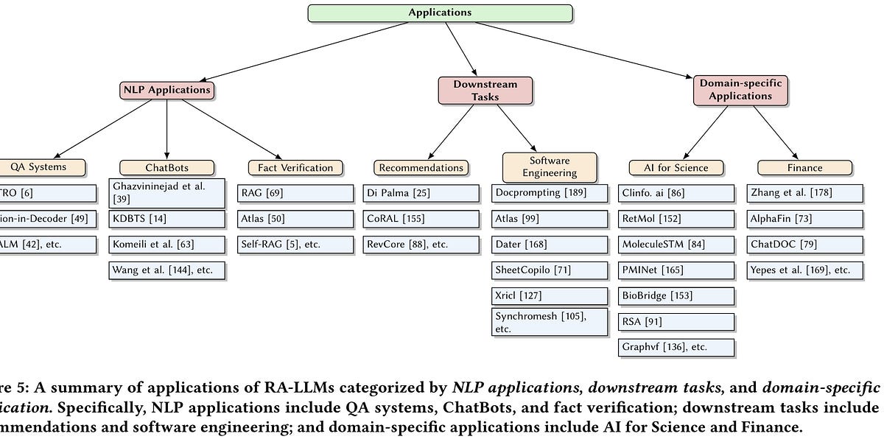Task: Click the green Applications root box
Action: tap(440, 13)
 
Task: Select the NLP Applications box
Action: tap(167, 90)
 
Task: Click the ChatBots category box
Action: tap(167, 167)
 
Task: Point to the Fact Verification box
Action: tap(295, 167)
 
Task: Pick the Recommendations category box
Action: tap(421, 167)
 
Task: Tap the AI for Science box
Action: tap(675, 167)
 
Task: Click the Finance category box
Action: tap(804, 167)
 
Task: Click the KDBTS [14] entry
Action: tap(166, 220)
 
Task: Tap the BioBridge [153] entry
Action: tap(676, 296)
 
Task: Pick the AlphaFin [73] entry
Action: tap(804, 219)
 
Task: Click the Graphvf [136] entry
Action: tap(676, 347)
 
